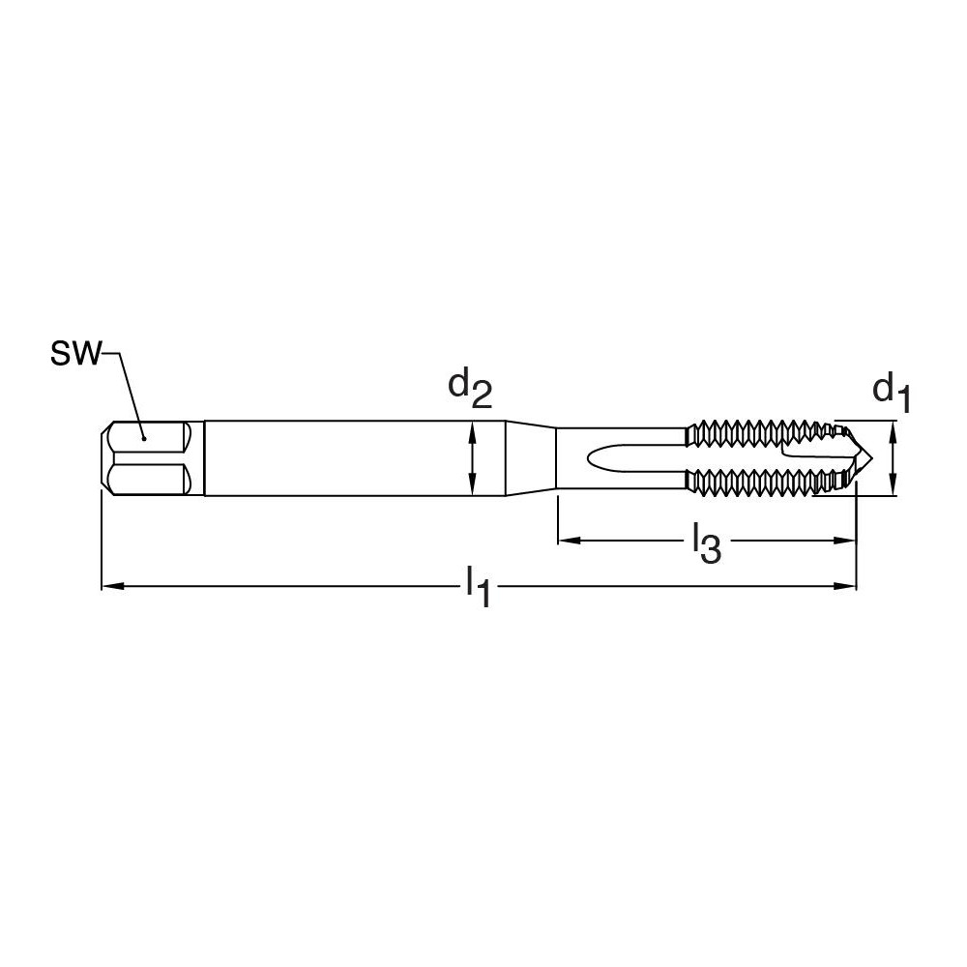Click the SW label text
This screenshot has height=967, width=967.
coord(73,354)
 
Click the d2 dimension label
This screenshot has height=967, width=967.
coord(469,388)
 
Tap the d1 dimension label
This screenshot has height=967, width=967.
coord(892,392)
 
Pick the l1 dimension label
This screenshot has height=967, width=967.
coord(478,588)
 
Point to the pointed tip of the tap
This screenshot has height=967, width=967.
coord(873,458)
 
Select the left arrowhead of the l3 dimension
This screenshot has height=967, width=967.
coord(564,540)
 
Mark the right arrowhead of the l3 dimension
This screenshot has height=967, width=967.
coord(850,540)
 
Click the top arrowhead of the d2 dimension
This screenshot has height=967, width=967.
coord(472,427)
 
